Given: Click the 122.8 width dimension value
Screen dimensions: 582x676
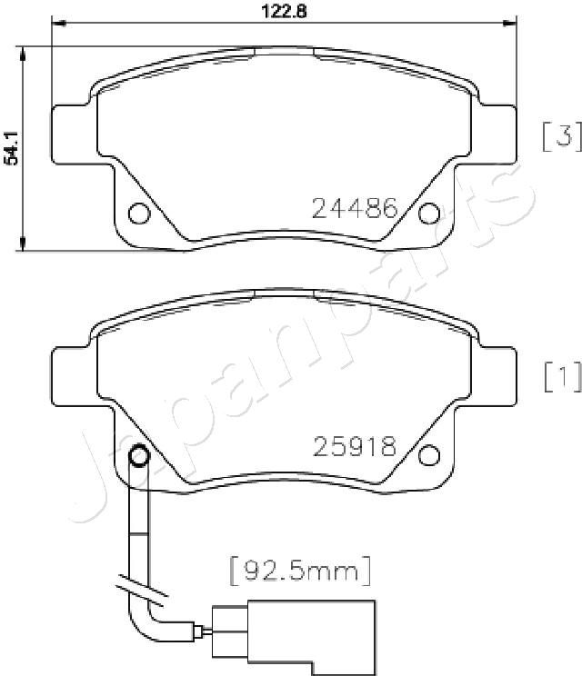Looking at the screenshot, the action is [285, 11].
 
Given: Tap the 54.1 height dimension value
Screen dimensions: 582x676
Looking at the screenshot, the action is [11, 147].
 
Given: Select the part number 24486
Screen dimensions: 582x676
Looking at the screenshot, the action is [355, 208].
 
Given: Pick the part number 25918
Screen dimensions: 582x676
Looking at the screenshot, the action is [355, 446].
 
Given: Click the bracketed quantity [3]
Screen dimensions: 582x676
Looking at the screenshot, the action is [562, 136].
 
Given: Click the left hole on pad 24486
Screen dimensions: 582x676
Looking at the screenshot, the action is [139, 213].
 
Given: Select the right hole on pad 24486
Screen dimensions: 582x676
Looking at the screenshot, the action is [430, 213].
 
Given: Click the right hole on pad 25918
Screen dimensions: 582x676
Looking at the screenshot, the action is [430, 455].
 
